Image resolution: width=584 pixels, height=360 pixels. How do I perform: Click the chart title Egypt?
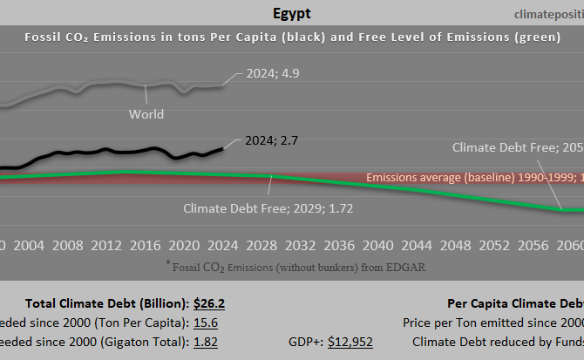click(291, 14)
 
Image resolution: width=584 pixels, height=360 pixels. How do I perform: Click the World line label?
click(146, 113)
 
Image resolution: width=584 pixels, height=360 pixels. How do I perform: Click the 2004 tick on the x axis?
click(31, 243)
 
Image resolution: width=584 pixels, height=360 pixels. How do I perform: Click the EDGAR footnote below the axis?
click(295, 265)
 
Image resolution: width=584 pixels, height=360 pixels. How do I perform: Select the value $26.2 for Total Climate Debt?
click(209, 303)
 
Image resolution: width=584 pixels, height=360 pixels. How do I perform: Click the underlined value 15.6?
click(206, 323)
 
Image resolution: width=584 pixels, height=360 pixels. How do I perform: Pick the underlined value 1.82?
click(206, 342)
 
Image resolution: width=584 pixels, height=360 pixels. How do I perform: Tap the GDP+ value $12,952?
click(350, 342)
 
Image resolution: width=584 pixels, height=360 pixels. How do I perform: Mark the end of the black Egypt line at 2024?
click(222, 148)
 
